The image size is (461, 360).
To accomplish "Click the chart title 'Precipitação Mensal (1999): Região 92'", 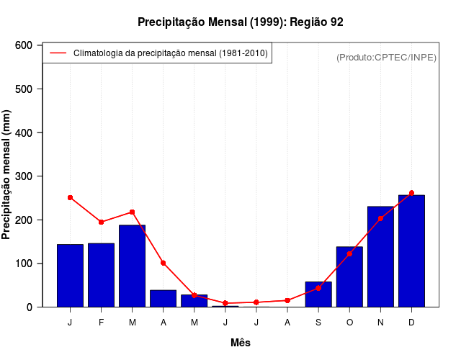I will [x=241, y=22].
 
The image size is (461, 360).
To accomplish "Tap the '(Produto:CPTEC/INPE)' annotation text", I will [x=386, y=57].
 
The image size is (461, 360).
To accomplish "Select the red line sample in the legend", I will [x=58, y=53].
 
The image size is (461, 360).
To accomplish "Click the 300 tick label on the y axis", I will [x=24, y=176].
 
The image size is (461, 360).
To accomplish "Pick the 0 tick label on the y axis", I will [x=30, y=307].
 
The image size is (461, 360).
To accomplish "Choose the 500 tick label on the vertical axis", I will [x=24, y=89].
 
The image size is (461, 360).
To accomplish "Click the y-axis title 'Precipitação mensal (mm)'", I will [x=7, y=174].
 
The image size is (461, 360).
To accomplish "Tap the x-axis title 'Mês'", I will [x=241, y=343].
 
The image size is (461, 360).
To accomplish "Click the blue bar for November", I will [x=380, y=256].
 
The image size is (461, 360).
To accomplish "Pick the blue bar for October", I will [x=349, y=276].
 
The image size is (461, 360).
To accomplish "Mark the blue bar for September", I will [x=318, y=294].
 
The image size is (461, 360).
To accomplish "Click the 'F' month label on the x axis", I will [x=101, y=322].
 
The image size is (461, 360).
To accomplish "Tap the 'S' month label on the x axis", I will [x=318, y=322].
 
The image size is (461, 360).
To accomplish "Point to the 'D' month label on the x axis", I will [x=411, y=322].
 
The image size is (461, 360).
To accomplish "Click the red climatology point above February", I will [x=101, y=222].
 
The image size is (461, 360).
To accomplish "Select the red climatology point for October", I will [x=349, y=253].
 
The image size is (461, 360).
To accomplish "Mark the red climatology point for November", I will [x=380, y=218].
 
